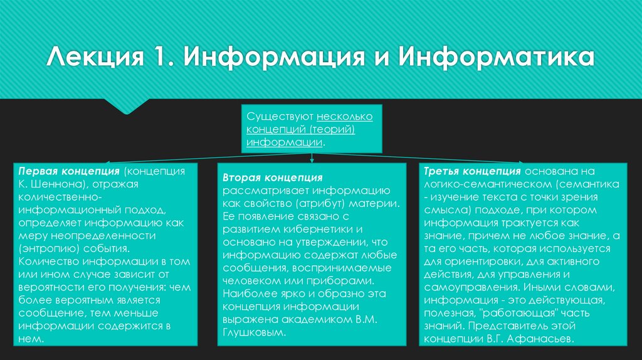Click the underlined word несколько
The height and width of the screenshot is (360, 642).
[345, 117]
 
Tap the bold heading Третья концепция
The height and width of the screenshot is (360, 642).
[472, 171]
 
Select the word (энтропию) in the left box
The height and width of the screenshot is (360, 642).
[50, 247]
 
